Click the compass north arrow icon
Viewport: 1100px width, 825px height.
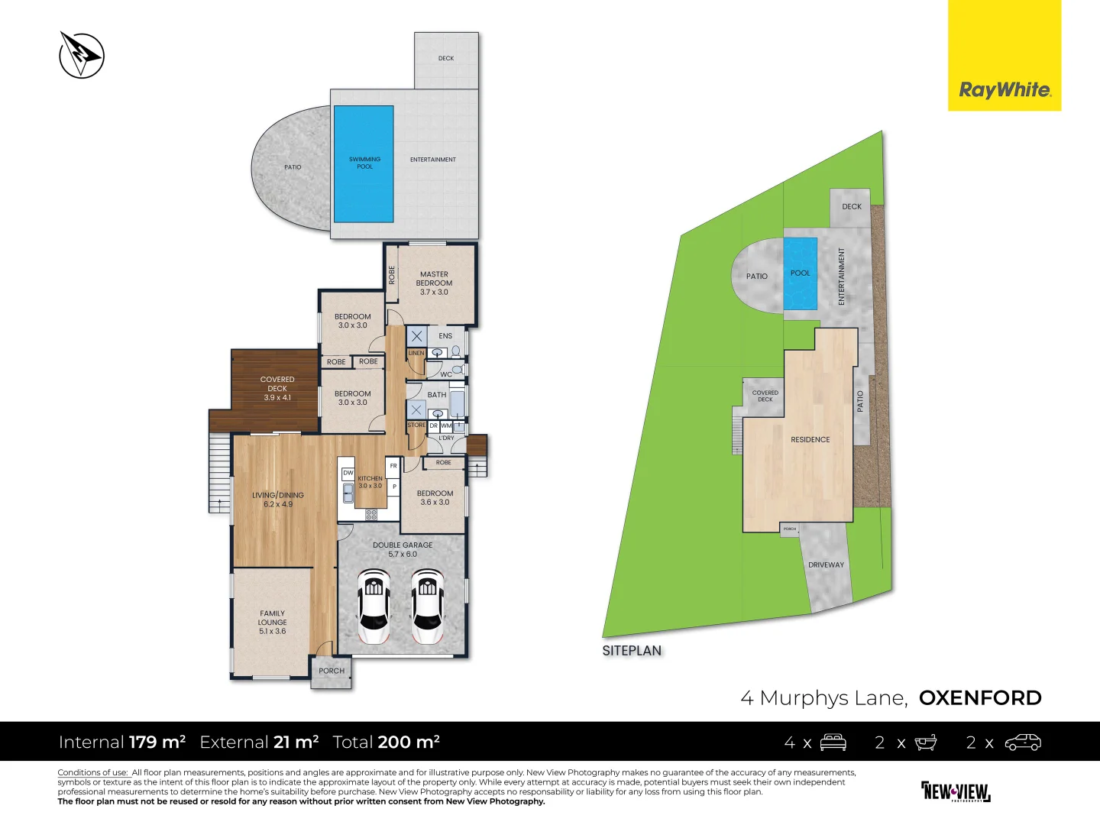click(x=82, y=55)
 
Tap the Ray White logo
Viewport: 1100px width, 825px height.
click(x=1005, y=89)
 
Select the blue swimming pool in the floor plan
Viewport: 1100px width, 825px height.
click(x=364, y=164)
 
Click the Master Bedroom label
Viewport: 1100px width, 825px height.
click(x=434, y=283)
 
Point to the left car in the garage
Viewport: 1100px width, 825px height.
click(x=374, y=607)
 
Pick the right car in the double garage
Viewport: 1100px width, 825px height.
click(x=427, y=607)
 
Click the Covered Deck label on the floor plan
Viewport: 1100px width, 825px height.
click(x=277, y=388)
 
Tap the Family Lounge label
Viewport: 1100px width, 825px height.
click(x=272, y=623)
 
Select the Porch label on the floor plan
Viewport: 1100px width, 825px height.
click(x=332, y=671)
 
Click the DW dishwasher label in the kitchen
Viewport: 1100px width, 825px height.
click(x=348, y=473)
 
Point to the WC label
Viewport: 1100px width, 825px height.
click(x=445, y=374)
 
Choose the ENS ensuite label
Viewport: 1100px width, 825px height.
click(x=445, y=336)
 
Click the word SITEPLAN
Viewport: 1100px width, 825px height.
click(x=632, y=651)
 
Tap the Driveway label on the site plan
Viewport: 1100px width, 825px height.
click(x=827, y=565)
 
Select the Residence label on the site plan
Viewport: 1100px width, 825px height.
click(x=810, y=440)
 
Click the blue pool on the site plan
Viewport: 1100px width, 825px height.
click(x=801, y=273)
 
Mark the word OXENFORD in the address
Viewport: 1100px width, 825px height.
click(x=980, y=698)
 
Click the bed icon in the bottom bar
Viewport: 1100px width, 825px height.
click(x=833, y=742)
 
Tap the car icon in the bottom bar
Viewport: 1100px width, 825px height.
click(x=1023, y=742)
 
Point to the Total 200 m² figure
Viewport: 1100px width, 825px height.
click(x=387, y=742)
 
